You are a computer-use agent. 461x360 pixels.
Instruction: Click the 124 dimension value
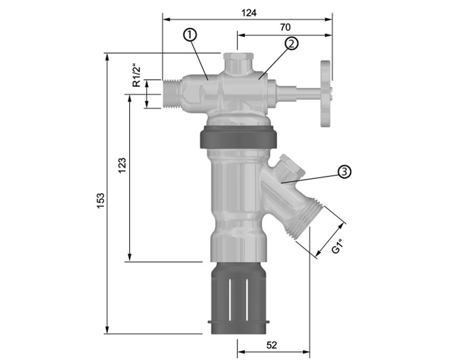coord(249,13)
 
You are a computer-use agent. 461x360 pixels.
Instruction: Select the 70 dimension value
coord(285,27)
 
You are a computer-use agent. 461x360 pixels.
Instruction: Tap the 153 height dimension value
coord(101,201)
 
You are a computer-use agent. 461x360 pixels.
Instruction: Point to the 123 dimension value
coord(122,165)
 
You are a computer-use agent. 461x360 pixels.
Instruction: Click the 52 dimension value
coord(271,345)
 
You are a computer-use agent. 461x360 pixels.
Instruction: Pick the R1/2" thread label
coord(136,75)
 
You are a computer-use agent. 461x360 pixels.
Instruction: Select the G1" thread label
coord(337,246)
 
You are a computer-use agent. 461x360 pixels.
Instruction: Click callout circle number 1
coord(190,35)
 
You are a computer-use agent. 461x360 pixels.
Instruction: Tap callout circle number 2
coord(291,44)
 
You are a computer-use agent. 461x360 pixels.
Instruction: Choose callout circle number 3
coord(345,172)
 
